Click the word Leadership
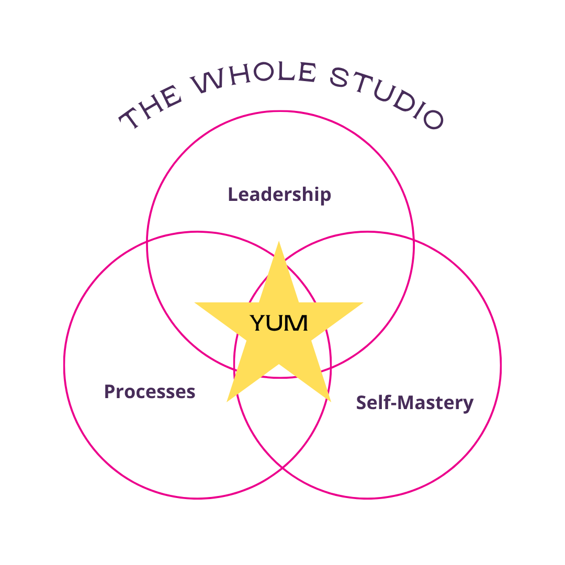(x=279, y=195)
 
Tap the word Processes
(x=150, y=391)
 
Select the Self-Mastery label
(x=414, y=403)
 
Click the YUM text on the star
(x=279, y=323)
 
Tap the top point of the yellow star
(x=279, y=243)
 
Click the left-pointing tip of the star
(x=196, y=303)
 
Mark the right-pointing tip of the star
(x=361, y=303)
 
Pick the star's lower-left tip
(x=228, y=400)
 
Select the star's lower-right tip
(x=330, y=400)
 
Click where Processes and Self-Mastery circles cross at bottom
(x=282, y=467)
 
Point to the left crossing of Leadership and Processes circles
(x=148, y=242)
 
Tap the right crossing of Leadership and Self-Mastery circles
(x=413, y=242)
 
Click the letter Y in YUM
(x=257, y=323)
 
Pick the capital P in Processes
(x=109, y=391)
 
